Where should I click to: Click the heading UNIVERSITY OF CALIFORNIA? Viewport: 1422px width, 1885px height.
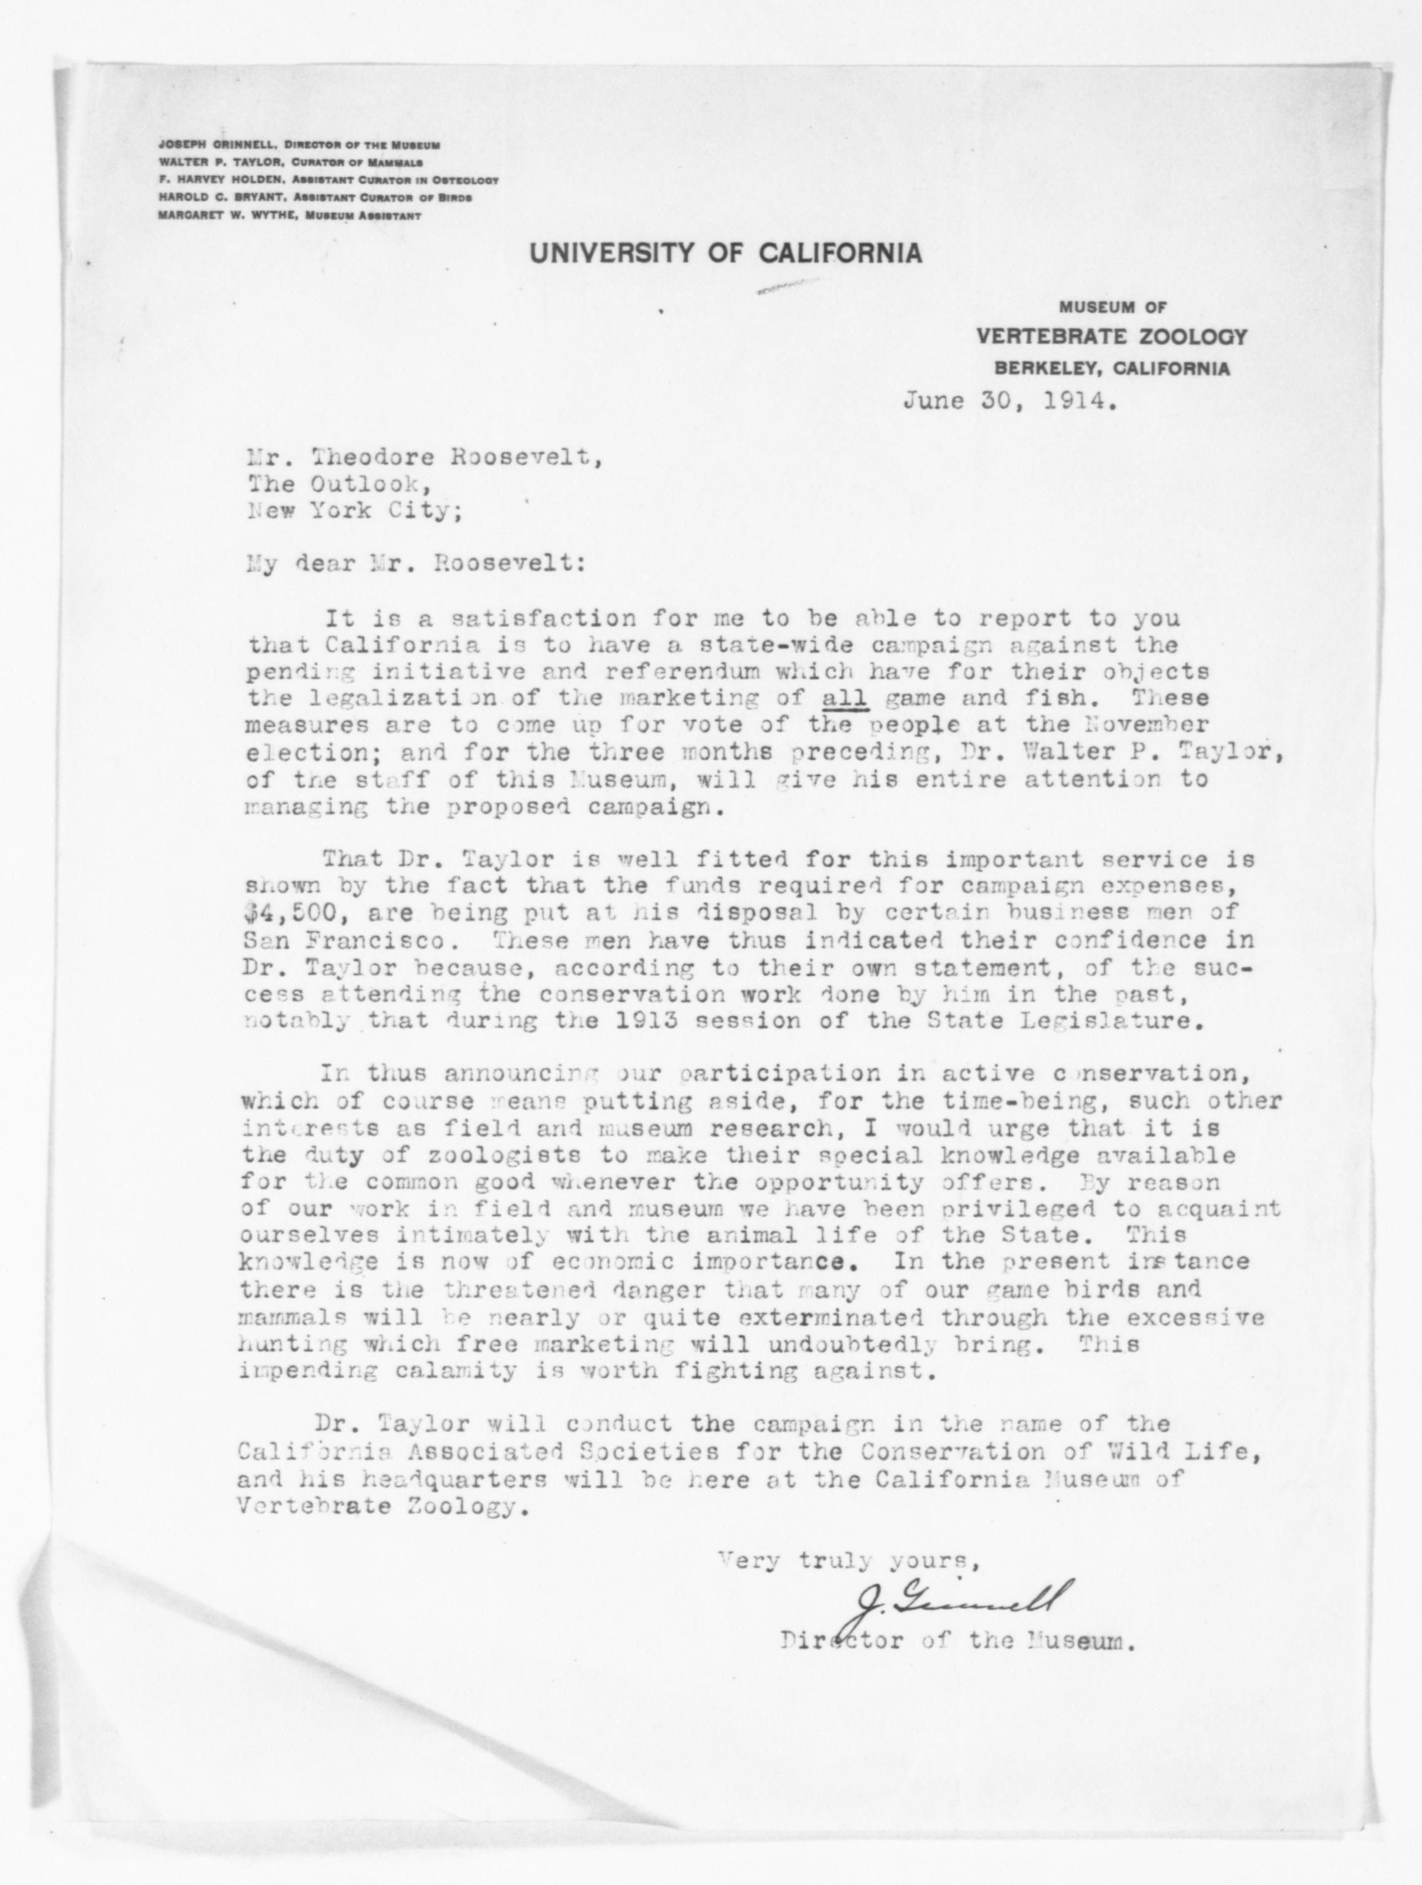coord(725,253)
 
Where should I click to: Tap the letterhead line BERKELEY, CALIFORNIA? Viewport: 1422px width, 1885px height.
coord(1110,369)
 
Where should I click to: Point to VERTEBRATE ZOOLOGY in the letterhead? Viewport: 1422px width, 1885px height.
coord(1111,336)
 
